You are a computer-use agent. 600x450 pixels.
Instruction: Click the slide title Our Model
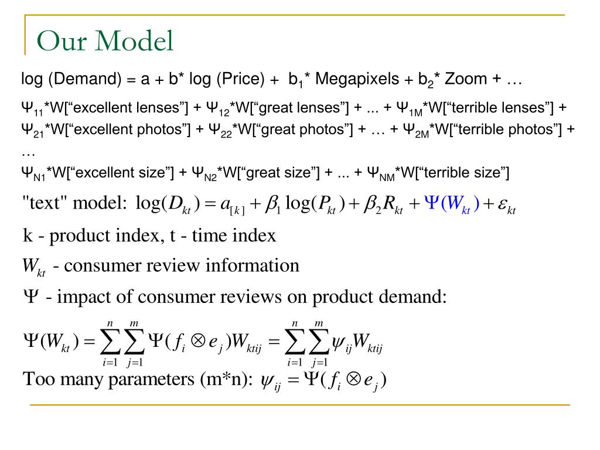(x=105, y=42)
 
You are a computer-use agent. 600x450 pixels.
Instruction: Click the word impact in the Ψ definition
(x=81, y=297)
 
